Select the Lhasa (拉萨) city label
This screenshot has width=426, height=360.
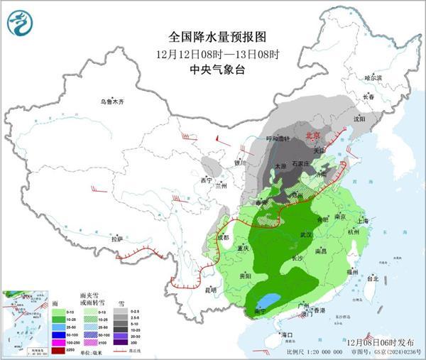click(116, 239)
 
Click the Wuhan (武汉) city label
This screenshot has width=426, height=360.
click(307, 234)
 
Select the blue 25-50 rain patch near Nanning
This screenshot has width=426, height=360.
click(270, 300)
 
